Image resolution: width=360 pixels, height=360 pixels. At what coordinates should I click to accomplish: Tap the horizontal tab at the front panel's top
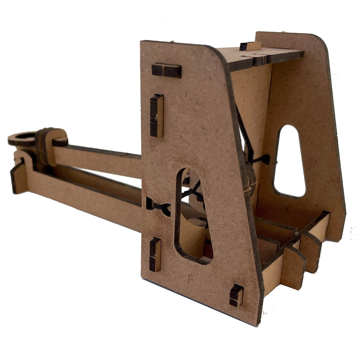pos(166,71)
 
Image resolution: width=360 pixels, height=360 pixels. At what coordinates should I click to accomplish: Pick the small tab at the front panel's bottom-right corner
pos(236,295)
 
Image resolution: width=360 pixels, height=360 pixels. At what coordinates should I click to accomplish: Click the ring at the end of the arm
pos(22,138)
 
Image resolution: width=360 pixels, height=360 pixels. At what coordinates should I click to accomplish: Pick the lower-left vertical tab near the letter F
pos(155,254)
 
